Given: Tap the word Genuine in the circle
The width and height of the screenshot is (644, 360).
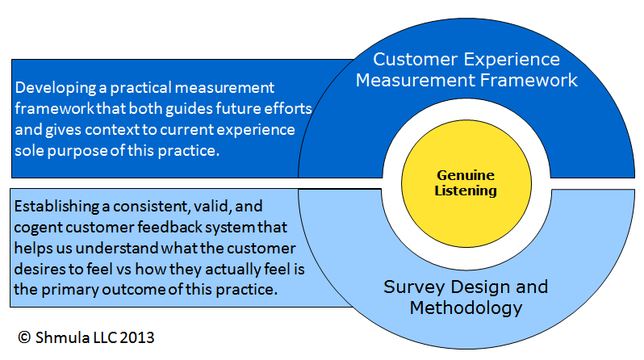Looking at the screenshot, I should [x=466, y=174].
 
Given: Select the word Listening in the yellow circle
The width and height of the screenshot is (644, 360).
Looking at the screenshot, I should [x=466, y=190].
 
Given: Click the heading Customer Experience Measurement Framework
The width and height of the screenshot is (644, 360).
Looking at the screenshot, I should [x=466, y=69].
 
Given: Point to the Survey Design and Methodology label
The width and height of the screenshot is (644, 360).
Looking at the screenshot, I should [x=466, y=297].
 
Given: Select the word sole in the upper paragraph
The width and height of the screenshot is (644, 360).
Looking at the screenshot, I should [x=31, y=150].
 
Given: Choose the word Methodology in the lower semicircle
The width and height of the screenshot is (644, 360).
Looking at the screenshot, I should [x=466, y=308].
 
